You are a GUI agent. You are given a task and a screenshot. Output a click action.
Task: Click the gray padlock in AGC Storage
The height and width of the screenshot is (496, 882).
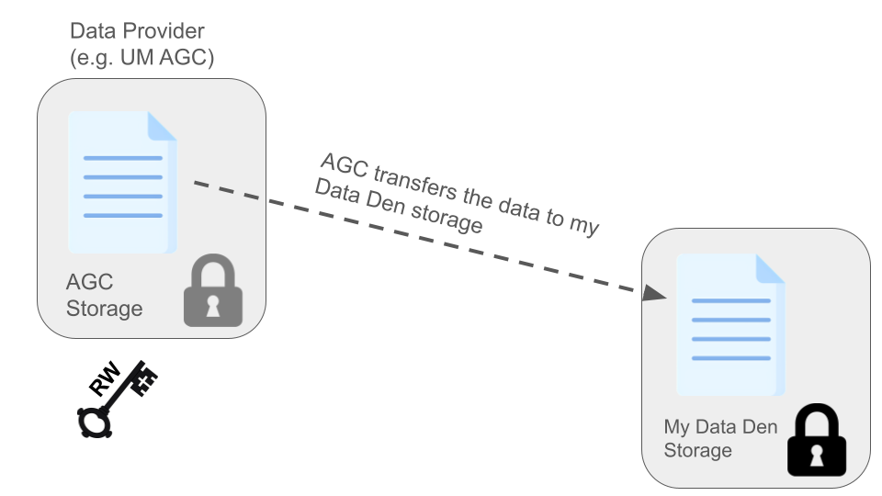point(212,291)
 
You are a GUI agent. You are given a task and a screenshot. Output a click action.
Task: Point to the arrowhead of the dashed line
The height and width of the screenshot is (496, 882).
point(653,293)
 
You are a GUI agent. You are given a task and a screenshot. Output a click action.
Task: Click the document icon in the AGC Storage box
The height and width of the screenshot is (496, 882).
point(121,183)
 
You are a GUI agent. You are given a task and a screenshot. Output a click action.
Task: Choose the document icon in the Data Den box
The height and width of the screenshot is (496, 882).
point(730,324)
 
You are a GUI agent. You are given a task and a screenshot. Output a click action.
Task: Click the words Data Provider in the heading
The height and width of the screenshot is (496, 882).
point(136,32)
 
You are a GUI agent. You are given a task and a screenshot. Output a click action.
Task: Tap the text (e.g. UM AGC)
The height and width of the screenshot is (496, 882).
point(141,58)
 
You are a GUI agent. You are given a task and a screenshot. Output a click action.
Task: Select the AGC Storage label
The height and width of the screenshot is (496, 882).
point(104,294)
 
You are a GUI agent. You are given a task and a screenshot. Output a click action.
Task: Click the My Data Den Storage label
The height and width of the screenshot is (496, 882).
point(720,438)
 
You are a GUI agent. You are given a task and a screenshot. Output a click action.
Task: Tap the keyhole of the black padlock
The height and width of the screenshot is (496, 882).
point(816,452)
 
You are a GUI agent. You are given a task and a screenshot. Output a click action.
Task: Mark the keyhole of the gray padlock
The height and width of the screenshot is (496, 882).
point(212,303)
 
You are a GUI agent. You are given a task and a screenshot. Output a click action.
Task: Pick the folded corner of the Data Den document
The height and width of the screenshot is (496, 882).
point(770,268)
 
